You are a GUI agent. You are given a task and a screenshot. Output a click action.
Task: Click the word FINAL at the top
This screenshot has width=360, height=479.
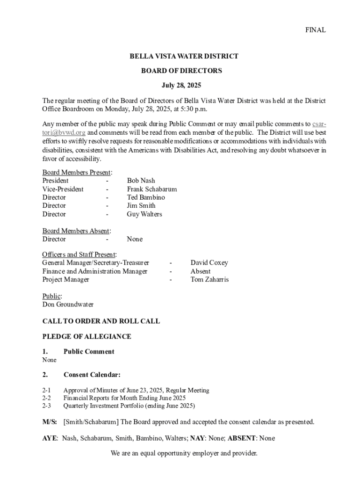(x=315, y=30)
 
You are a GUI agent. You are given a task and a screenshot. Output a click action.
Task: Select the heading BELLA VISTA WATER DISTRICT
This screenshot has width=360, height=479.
(x=184, y=56)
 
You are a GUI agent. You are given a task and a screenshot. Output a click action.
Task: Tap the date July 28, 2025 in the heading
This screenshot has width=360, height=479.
(x=181, y=86)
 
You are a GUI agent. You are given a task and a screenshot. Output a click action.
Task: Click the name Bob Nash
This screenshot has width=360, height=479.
(x=141, y=181)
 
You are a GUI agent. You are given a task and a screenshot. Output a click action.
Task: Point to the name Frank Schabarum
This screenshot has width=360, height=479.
(x=151, y=189)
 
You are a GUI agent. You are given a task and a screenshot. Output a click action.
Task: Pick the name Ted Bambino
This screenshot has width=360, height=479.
(x=145, y=197)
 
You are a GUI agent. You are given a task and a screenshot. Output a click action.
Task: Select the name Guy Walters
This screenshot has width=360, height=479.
(x=144, y=214)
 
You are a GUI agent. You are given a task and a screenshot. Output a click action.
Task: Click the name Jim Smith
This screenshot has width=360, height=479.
(x=141, y=206)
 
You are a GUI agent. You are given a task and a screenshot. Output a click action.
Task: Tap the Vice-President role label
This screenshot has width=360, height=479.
(x=63, y=189)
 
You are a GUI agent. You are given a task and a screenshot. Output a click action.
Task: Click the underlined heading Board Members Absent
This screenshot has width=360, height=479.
(x=76, y=231)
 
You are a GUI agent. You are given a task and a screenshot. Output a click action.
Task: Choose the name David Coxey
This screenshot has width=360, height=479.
(x=209, y=263)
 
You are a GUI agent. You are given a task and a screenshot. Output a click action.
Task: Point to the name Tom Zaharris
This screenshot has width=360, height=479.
(x=209, y=280)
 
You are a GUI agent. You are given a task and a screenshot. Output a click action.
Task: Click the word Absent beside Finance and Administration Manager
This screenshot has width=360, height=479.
(x=201, y=271)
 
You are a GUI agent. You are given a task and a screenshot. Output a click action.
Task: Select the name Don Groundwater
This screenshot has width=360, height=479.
(x=68, y=305)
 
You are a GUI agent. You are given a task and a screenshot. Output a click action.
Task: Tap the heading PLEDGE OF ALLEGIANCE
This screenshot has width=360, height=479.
(x=86, y=337)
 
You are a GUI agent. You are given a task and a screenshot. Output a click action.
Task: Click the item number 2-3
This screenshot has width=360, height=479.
(x=46, y=406)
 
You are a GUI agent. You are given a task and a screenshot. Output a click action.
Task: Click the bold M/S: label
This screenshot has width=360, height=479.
(x=50, y=422)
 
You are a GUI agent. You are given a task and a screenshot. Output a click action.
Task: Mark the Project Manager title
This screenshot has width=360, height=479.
(x=65, y=280)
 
